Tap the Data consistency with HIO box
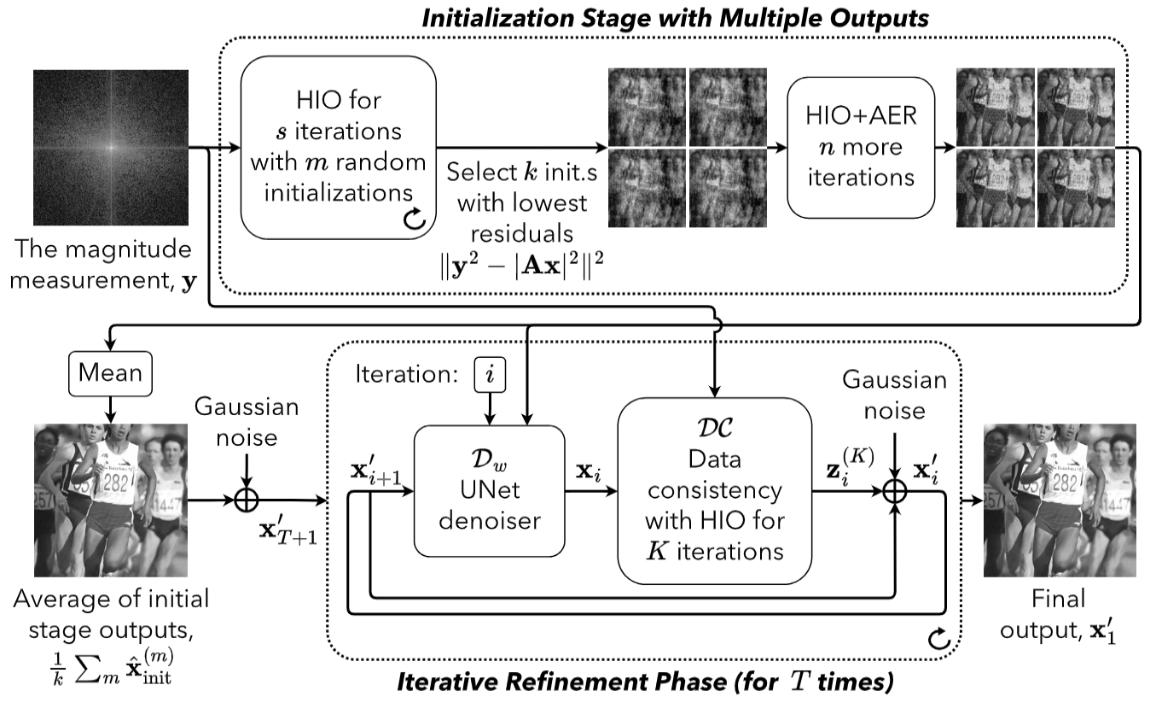point(713,494)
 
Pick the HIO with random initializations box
point(339,146)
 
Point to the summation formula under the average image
point(111,661)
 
